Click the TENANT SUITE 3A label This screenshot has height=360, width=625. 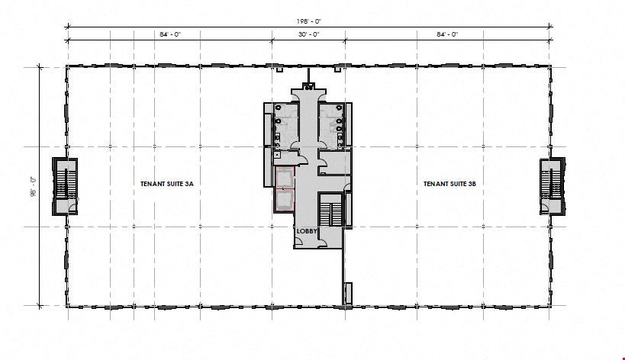pyautogui.click(x=167, y=184)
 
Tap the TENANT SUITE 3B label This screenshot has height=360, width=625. pyautogui.click(x=449, y=184)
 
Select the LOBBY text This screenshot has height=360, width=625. pyautogui.click(x=307, y=231)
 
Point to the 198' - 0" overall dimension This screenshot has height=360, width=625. pyautogui.click(x=308, y=21)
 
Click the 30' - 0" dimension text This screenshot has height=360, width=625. pyautogui.click(x=308, y=34)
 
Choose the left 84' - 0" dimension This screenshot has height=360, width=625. pyautogui.click(x=170, y=34)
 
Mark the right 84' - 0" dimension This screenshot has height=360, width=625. pyautogui.click(x=447, y=34)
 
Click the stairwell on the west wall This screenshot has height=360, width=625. pyautogui.click(x=65, y=186)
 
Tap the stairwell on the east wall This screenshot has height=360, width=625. pyautogui.click(x=553, y=186)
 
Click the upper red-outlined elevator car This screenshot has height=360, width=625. pyautogui.click(x=285, y=178)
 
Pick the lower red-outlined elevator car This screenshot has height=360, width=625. pyautogui.click(x=285, y=201)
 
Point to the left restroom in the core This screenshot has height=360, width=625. pyautogui.click(x=286, y=124)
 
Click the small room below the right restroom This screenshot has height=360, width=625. pyautogui.click(x=335, y=163)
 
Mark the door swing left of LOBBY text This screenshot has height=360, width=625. pyautogui.click(x=298, y=241)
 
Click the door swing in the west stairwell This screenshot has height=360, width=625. pyautogui.click(x=72, y=207)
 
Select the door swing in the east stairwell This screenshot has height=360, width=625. pyautogui.click(x=545, y=207)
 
